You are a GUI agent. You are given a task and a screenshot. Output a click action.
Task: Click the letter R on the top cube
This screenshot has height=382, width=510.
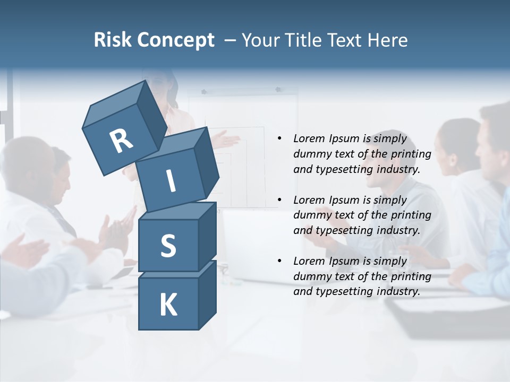(x=121, y=141)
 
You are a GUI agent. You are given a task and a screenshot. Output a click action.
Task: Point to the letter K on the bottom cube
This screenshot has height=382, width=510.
(x=168, y=305)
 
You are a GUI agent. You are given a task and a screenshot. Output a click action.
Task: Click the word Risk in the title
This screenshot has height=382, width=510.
(x=112, y=40)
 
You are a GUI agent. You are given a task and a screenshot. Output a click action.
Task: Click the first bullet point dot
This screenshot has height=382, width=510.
(x=279, y=139)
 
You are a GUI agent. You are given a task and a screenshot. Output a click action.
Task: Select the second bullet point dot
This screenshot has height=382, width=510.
(x=279, y=200)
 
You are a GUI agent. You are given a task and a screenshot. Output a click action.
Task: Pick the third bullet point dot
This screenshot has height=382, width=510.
(x=279, y=261)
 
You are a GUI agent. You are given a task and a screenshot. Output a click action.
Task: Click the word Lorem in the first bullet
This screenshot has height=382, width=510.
(x=309, y=139)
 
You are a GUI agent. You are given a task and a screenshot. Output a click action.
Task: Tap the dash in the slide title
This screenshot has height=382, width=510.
(x=230, y=40)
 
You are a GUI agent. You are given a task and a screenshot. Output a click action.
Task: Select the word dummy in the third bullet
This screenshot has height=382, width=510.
(x=311, y=276)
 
